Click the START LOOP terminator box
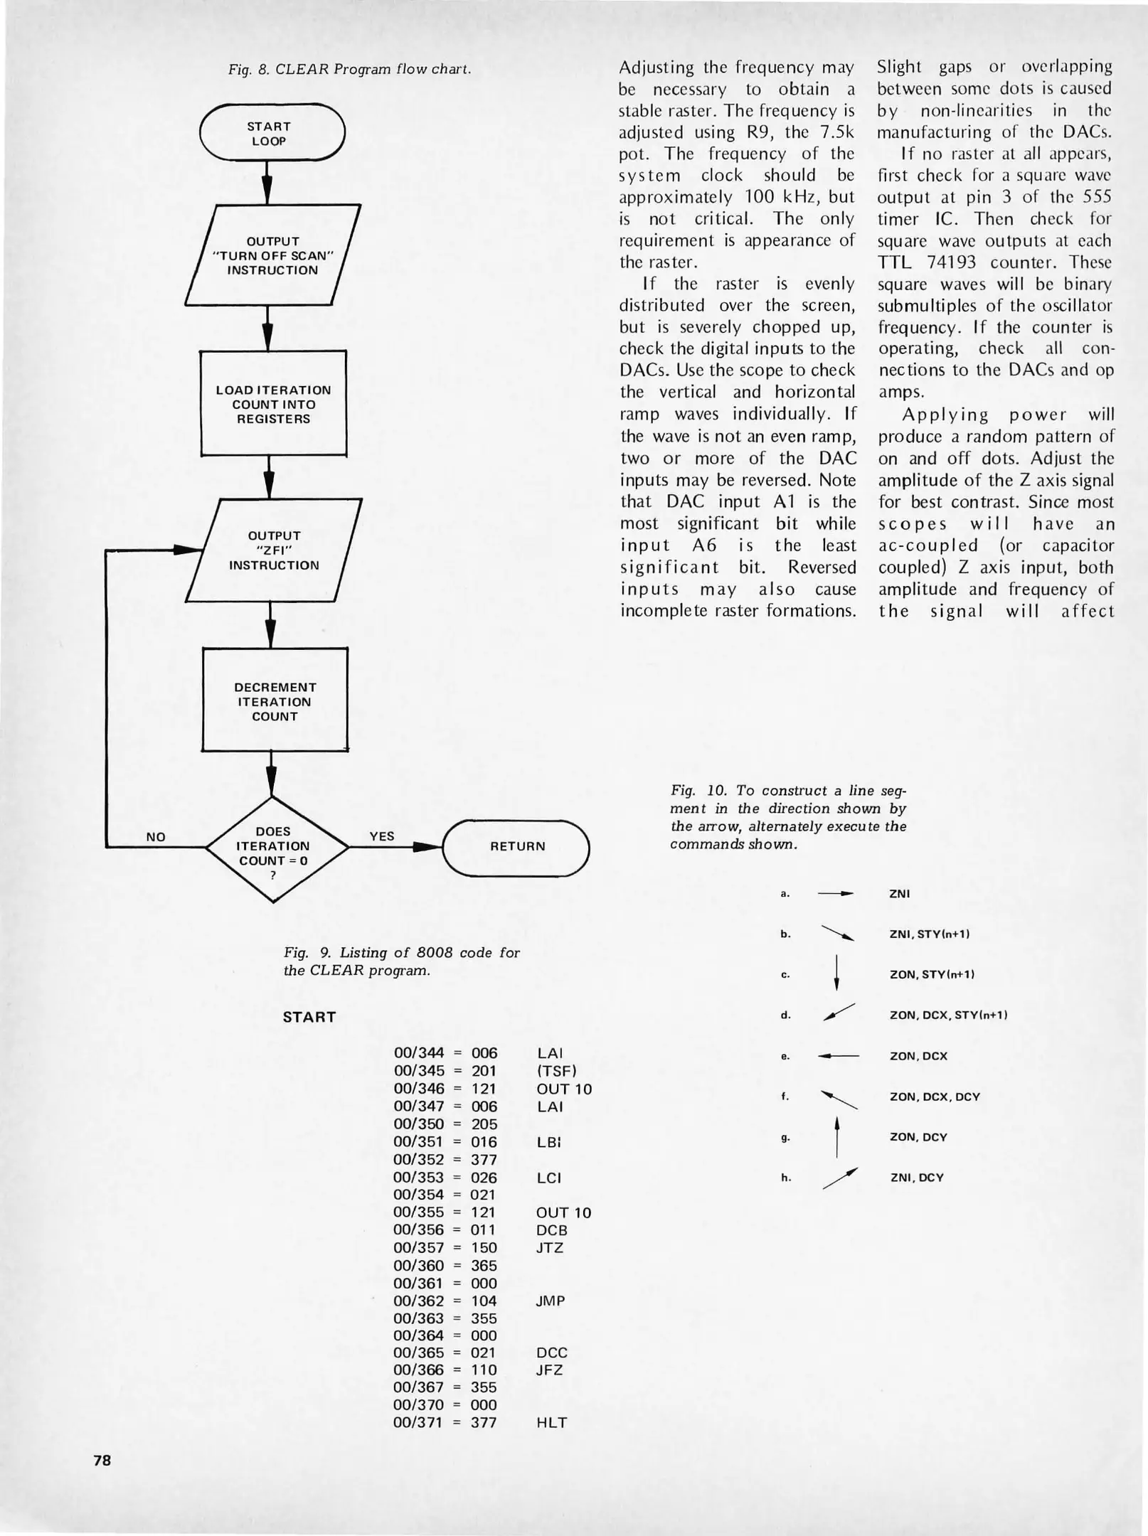[272, 134]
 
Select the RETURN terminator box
[517, 846]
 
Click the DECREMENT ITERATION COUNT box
[275, 702]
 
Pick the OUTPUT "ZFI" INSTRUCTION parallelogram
[274, 550]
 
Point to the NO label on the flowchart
[156, 837]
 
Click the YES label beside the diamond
[382, 836]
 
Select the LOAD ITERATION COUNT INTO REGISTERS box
[273, 404]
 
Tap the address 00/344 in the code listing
[419, 1052]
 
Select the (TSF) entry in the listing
[556, 1070]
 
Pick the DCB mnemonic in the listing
[552, 1230]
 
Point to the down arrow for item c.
[836, 974]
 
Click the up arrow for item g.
[837, 1136]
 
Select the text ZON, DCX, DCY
[935, 1097]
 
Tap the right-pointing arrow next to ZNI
[835, 894]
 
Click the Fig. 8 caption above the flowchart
[349, 70]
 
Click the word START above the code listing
[309, 1017]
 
